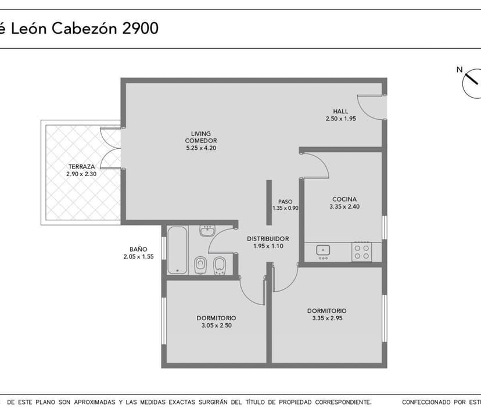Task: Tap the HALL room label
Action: coord(340,111)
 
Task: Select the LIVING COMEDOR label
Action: coord(201,137)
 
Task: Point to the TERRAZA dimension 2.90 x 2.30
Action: coord(81,174)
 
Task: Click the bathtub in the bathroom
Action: coord(177,250)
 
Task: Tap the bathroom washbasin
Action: coord(207,231)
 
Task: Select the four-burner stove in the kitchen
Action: coord(362,251)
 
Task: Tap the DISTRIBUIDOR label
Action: coord(268,239)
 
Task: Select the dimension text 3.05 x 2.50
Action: coord(216,326)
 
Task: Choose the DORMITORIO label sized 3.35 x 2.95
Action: coord(326,311)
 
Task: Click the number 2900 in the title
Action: coord(140,28)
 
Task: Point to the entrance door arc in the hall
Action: coord(368,106)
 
